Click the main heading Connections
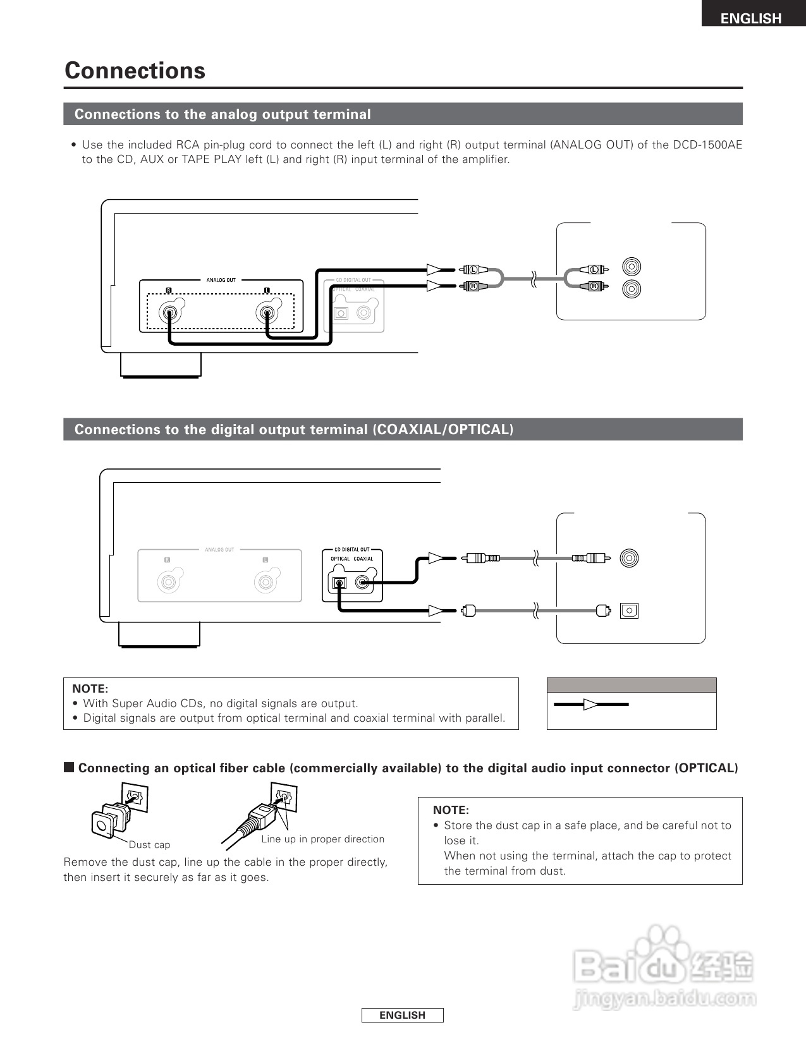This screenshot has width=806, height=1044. pos(135,70)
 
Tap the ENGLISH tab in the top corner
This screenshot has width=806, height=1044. pos(751,18)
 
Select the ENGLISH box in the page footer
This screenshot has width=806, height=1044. pos(402,1015)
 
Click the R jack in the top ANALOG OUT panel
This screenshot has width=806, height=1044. pos(169,312)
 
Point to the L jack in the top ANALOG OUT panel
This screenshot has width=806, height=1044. pos(266,312)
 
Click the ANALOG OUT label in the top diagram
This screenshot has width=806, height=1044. pos(221,280)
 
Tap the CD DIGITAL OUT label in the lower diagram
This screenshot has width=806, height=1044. pos(352,549)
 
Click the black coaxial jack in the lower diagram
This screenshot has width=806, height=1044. pos(363,583)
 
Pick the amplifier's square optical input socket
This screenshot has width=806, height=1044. pos(629,610)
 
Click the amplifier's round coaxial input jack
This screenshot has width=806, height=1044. pos(630,558)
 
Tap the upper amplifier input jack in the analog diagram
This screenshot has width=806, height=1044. pos(631,265)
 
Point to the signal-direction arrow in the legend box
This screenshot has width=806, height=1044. pos(591,704)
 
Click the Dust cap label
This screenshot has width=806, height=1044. pos(149,845)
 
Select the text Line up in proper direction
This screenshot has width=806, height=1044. pos(322,839)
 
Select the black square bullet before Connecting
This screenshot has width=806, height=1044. pos(69,768)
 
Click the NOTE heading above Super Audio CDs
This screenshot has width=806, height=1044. pos(90,689)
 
